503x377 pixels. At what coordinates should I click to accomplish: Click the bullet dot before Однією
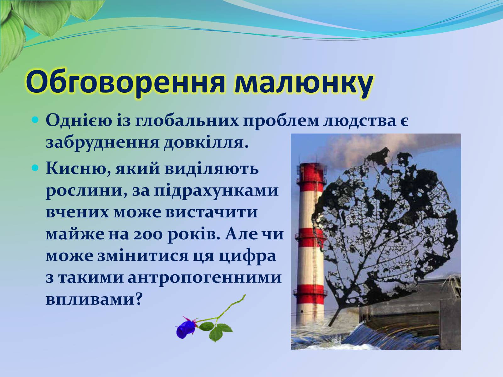(35, 120)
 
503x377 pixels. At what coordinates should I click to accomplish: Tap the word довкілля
(206, 142)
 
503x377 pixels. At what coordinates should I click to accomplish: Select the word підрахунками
(216, 191)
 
